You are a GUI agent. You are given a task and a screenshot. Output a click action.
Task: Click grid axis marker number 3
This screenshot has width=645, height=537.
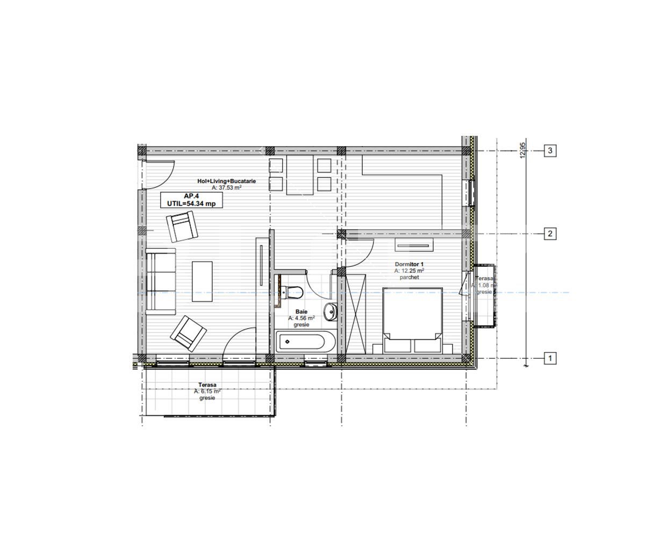550,150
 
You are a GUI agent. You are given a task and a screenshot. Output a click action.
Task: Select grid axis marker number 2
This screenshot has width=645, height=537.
550,234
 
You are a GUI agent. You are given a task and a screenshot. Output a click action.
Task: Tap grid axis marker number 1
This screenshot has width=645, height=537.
550,358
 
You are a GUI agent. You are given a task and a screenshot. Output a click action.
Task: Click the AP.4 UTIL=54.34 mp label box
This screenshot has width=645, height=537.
191,200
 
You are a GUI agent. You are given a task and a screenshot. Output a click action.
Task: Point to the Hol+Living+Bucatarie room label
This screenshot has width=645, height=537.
226,182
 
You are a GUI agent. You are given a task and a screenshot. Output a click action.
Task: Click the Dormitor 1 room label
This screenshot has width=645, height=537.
409,264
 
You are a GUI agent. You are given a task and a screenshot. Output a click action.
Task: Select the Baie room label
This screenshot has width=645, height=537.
301,311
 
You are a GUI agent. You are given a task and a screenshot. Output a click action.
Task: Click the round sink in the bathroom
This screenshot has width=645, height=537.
330,310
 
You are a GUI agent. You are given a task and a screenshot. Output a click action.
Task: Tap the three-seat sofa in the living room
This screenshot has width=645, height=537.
160,281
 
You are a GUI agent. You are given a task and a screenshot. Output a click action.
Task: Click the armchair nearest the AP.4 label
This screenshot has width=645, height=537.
182,226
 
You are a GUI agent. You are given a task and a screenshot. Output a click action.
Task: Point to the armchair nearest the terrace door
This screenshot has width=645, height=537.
188,333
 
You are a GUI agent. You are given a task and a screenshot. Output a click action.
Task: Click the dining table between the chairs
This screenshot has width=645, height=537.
299,175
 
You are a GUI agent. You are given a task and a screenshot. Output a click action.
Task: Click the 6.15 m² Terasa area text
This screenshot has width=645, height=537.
207,391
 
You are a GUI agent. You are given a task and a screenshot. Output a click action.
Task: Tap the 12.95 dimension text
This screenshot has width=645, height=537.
522,150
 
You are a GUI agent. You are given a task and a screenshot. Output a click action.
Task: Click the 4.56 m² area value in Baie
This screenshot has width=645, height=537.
301,318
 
